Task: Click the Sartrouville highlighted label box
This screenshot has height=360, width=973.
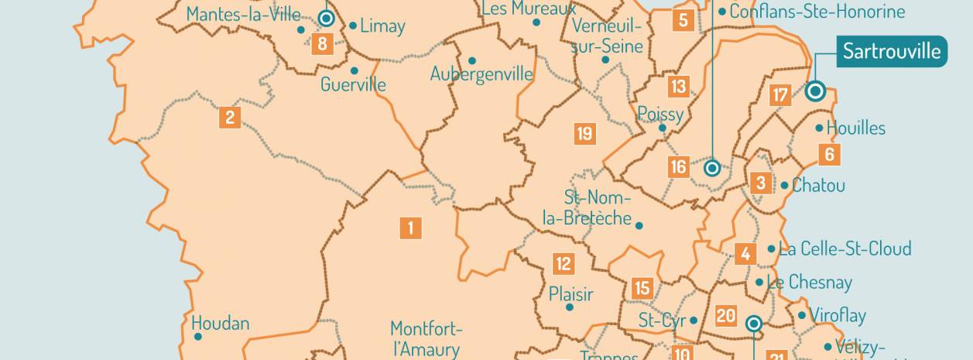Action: click(891, 52)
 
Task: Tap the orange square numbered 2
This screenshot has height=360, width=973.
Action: click(229, 118)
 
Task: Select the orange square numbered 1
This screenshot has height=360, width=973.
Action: click(410, 228)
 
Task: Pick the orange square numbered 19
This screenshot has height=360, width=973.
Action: click(585, 134)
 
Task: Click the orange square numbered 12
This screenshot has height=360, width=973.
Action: click(564, 264)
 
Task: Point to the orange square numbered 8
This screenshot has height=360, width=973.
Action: click(322, 43)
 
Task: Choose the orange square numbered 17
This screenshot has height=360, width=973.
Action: click(780, 96)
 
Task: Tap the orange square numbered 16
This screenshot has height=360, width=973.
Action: click(678, 166)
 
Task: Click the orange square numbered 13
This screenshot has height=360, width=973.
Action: click(678, 86)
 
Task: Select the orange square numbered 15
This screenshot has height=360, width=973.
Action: click(642, 288)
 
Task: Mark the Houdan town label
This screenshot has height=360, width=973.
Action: click(221, 322)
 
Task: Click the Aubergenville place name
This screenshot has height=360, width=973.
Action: click(481, 74)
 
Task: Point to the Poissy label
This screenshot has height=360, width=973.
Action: click(660, 115)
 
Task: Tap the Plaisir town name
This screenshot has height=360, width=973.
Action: click(570, 294)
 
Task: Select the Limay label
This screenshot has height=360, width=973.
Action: click(382, 26)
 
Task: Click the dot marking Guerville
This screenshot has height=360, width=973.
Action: click(355, 70)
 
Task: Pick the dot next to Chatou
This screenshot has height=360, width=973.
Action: click(784, 186)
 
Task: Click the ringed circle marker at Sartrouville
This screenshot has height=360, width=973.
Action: click(814, 91)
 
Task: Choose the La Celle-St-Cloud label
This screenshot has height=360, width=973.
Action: click(845, 249)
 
